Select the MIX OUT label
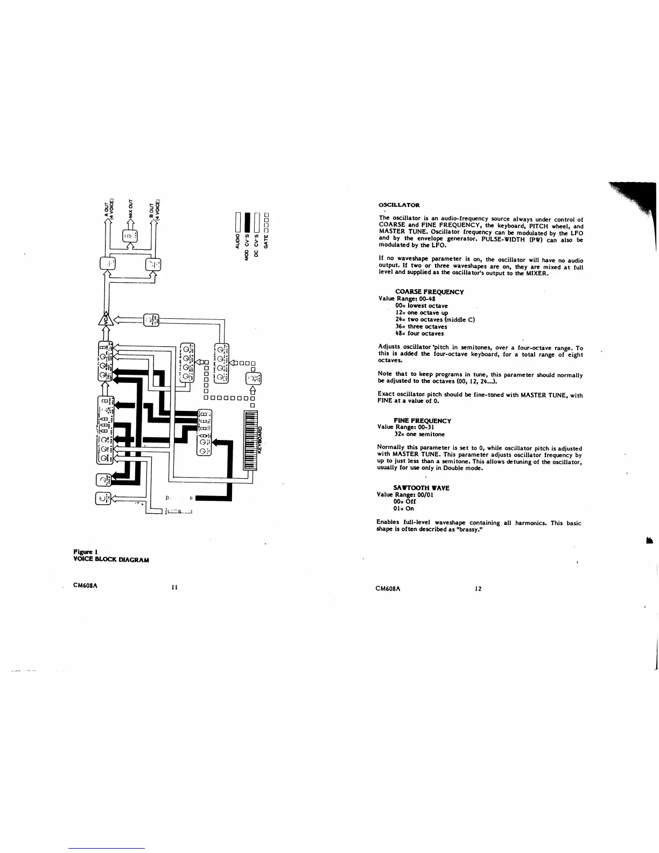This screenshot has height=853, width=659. click(130, 208)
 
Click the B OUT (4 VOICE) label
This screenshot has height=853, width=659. click(154, 209)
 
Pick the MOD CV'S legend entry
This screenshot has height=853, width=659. click(247, 247)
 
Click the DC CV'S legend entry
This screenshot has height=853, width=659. click(256, 245)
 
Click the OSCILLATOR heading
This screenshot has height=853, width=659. click(399, 205)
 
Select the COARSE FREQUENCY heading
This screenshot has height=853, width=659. click(429, 292)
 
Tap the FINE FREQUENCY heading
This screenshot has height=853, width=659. click(422, 421)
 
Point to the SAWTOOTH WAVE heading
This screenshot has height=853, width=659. click(422, 488)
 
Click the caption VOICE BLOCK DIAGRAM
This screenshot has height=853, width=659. click(111, 560)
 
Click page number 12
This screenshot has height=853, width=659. click(478, 589)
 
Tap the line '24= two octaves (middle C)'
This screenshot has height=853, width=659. click(434, 319)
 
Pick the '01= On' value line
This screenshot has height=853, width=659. click(404, 508)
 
